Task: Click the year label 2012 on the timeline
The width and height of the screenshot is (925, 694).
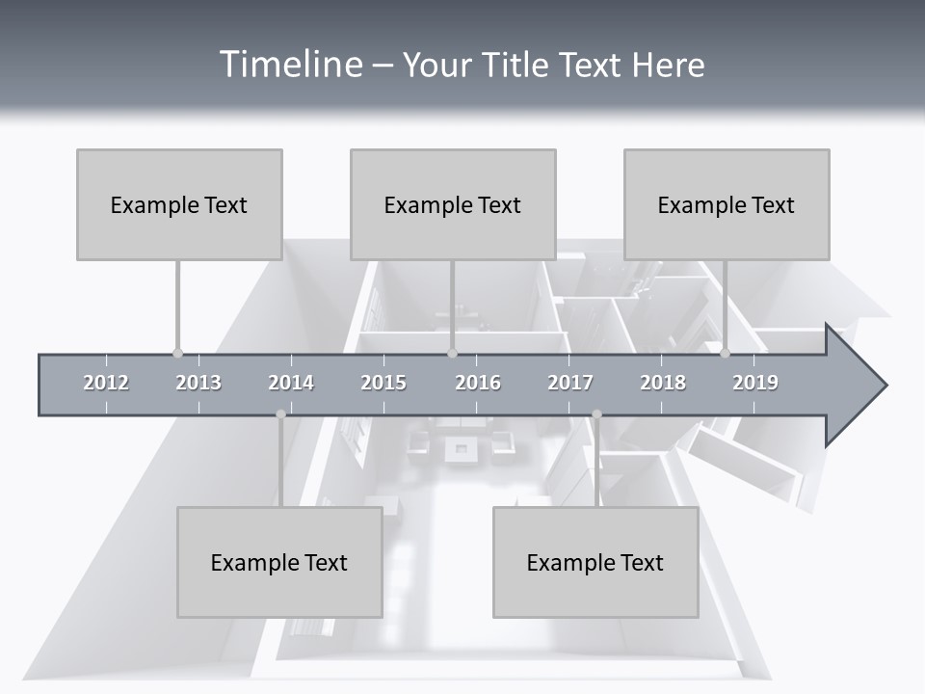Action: (x=106, y=383)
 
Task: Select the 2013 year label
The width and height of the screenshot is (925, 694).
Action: (x=198, y=383)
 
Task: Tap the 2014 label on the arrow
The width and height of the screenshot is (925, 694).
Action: (x=291, y=383)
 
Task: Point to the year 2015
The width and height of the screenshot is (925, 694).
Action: (x=383, y=383)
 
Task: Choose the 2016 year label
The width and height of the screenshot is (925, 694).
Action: (x=478, y=383)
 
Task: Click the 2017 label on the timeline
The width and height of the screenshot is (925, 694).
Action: (x=570, y=383)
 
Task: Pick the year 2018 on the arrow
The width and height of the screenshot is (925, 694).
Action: (x=663, y=383)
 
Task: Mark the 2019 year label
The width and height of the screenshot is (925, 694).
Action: (x=755, y=383)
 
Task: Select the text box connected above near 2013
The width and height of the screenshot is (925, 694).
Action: (x=179, y=204)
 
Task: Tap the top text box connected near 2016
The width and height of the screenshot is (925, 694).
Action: (x=453, y=204)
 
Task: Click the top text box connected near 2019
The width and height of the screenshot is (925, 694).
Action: (x=727, y=204)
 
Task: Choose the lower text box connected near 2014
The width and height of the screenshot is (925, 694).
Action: (x=279, y=562)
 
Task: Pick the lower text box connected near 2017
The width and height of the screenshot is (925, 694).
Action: (x=595, y=562)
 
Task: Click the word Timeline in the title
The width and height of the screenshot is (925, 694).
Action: (x=289, y=65)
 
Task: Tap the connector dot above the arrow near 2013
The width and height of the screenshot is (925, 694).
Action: (x=177, y=353)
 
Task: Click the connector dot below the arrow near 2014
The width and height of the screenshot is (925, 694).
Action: (x=280, y=414)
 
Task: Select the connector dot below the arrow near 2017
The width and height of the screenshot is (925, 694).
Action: (x=596, y=414)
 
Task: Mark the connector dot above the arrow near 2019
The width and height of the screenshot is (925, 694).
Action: (x=726, y=353)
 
